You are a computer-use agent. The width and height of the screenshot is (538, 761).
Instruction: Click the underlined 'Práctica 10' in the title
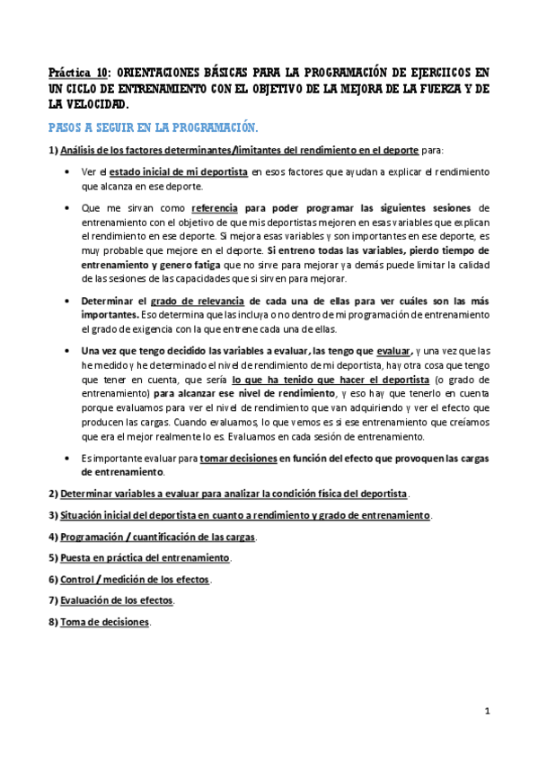pyautogui.click(x=78, y=73)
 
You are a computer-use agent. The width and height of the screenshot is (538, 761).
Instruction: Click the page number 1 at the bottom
pyautogui.click(x=486, y=712)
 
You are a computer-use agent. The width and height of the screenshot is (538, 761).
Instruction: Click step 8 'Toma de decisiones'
pyautogui.click(x=105, y=621)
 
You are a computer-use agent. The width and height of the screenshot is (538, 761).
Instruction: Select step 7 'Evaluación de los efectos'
pyautogui.click(x=117, y=599)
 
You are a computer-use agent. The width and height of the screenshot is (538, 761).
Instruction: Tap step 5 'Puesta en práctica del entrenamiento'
pyautogui.click(x=145, y=557)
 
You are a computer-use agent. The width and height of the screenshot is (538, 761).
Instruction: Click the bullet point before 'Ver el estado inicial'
pyautogui.click(x=69, y=171)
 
